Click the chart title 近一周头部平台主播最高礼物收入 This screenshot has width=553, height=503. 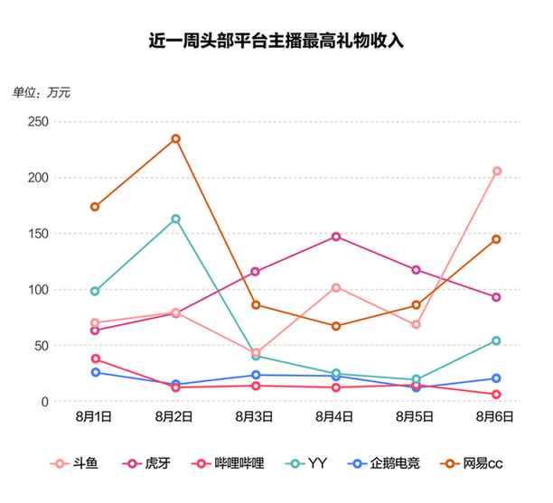[x=276, y=42]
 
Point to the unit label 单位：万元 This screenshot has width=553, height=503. [x=42, y=92]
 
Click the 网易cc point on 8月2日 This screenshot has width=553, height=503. [x=175, y=139]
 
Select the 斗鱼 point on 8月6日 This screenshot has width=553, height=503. [x=496, y=172]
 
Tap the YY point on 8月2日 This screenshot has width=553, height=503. [x=175, y=219]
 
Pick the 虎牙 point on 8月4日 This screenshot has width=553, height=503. [x=336, y=237]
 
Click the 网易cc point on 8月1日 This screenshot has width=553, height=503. [x=95, y=207]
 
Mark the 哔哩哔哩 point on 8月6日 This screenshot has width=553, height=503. [x=496, y=395]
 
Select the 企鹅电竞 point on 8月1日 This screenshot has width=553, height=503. [x=95, y=372]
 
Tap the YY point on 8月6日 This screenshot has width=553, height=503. [x=496, y=340]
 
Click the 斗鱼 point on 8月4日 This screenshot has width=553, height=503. [x=336, y=287]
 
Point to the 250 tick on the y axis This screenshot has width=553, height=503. [x=35, y=121]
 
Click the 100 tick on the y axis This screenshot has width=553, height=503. [x=35, y=289]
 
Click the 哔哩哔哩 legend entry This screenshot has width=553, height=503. [x=231, y=463]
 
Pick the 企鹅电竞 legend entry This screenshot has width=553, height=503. [x=391, y=463]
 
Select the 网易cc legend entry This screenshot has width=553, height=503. [x=473, y=463]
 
